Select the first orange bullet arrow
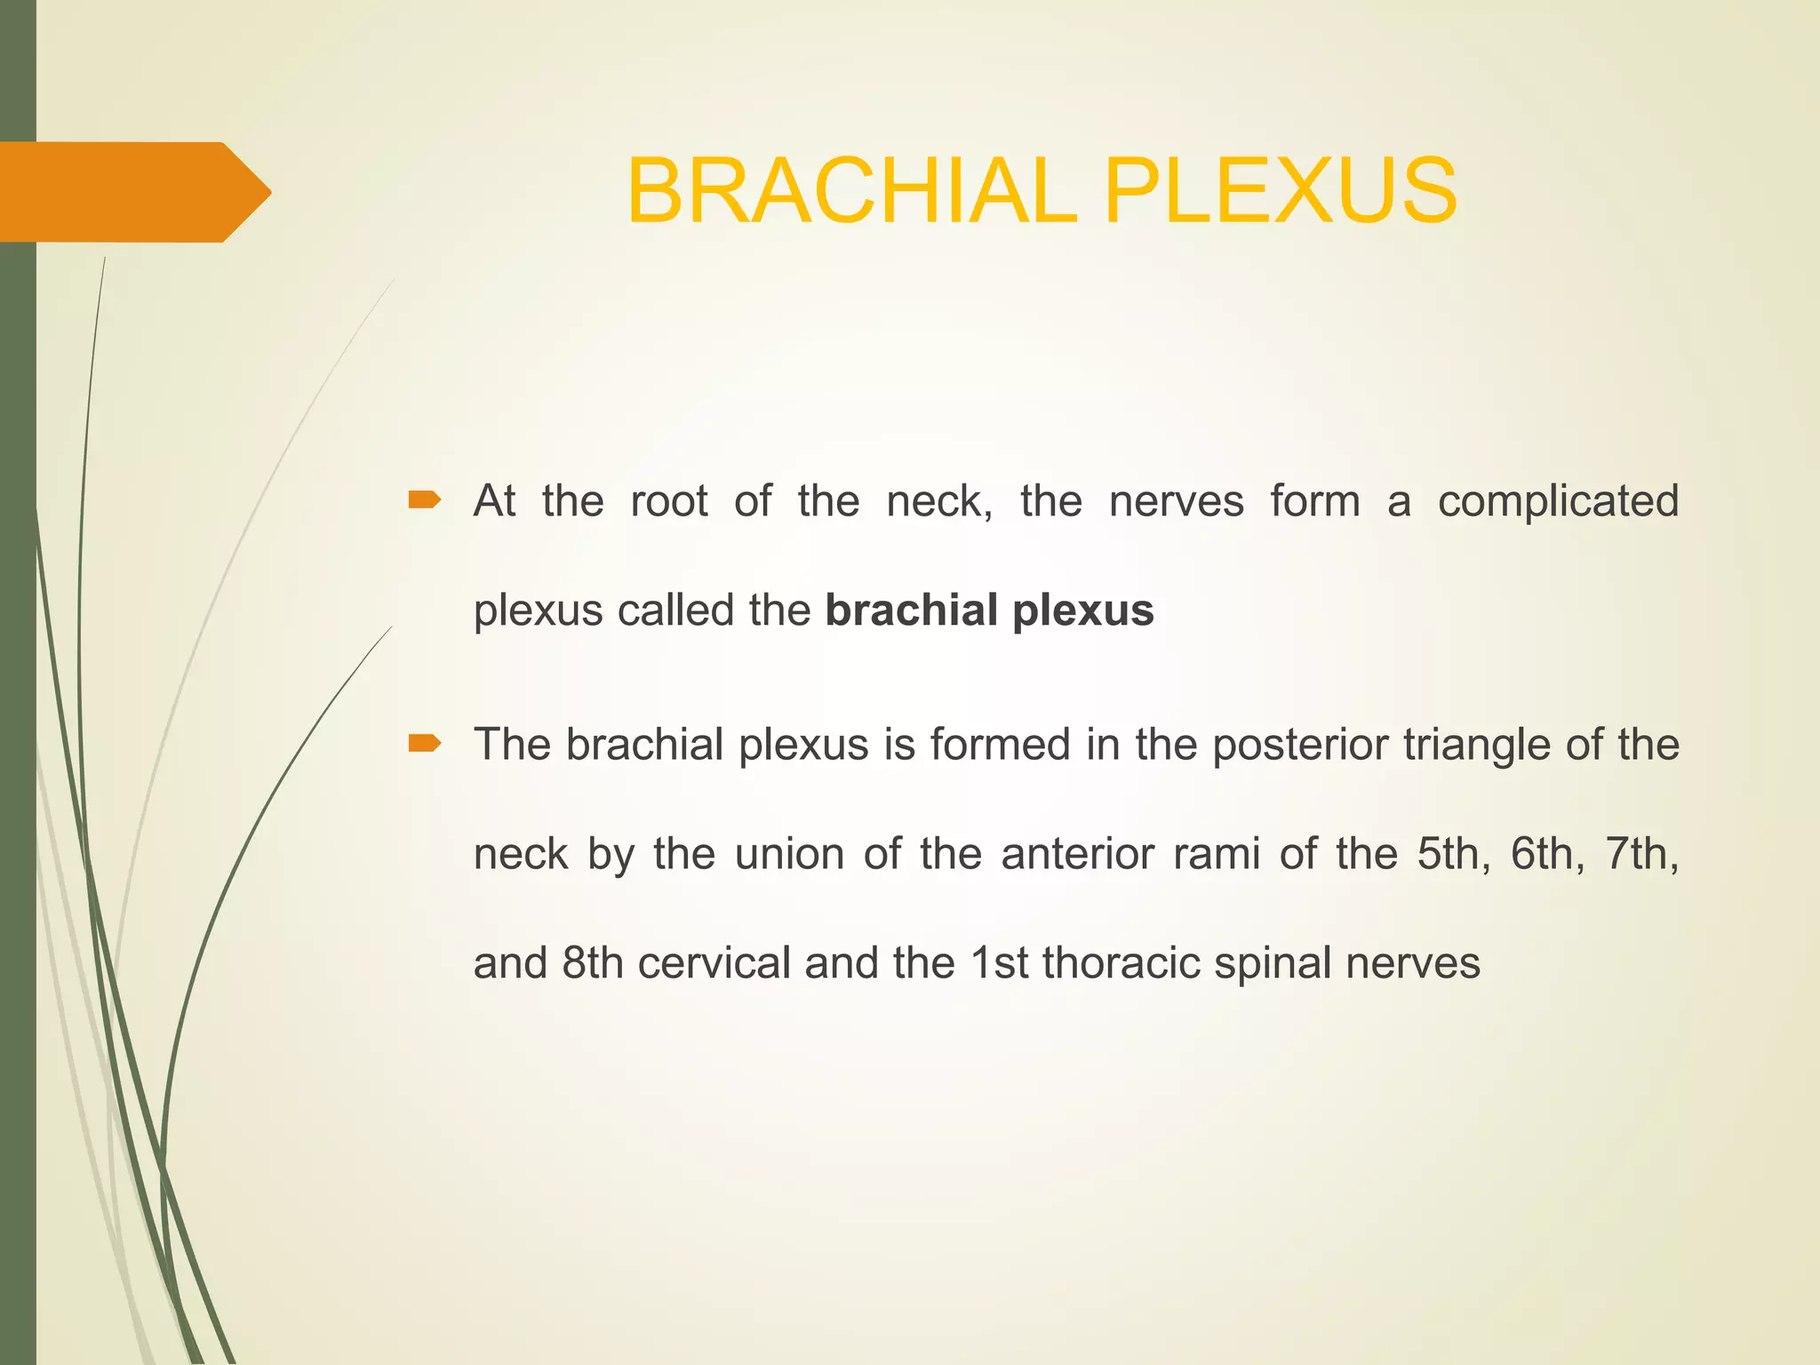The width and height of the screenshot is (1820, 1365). (x=424, y=500)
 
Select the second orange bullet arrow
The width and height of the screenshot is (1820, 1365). (x=424, y=743)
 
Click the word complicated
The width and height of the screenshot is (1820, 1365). (x=1558, y=502)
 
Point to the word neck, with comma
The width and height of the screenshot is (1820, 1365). (x=939, y=502)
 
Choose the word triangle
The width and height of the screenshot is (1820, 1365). (x=1476, y=746)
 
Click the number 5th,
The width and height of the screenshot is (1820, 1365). (x=1454, y=855)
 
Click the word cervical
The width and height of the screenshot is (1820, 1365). (x=714, y=964)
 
